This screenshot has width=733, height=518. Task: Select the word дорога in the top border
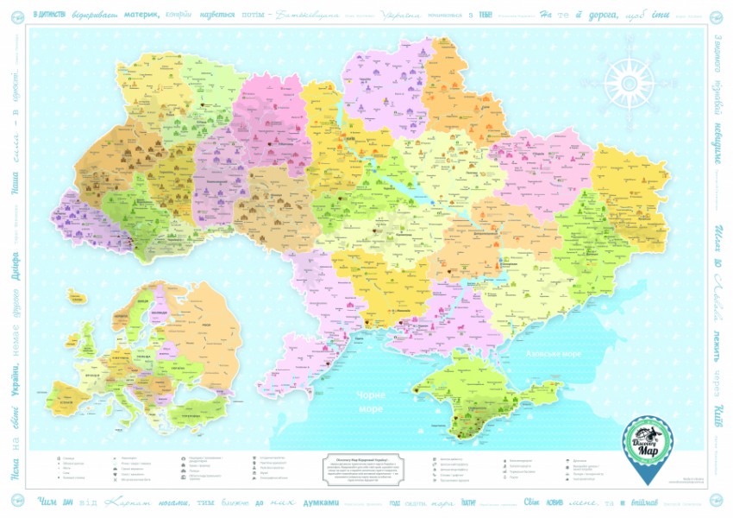click(607, 15)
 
